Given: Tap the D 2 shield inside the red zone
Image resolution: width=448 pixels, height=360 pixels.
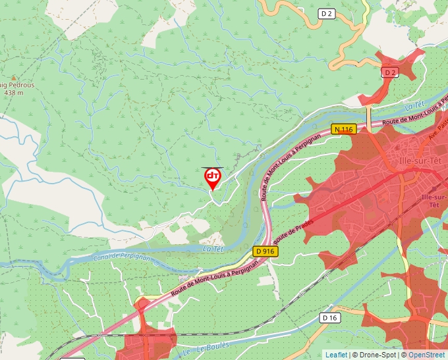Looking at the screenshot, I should point(390,72).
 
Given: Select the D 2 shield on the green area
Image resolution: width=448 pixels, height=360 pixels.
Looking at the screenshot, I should point(326,13).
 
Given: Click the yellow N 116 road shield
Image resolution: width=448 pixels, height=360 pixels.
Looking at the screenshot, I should point(343,129).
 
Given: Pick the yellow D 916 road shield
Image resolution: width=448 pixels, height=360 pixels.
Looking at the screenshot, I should point(266,251).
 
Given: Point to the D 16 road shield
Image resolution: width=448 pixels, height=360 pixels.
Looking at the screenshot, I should point(330,318).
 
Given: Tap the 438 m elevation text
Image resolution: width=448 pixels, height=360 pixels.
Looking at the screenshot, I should point(13,93).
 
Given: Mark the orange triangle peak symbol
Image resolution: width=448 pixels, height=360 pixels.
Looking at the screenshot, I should point(13,76).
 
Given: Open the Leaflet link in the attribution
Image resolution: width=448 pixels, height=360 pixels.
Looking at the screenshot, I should point(336,355).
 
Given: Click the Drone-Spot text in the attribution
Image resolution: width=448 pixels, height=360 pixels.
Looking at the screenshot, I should point(376,355).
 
